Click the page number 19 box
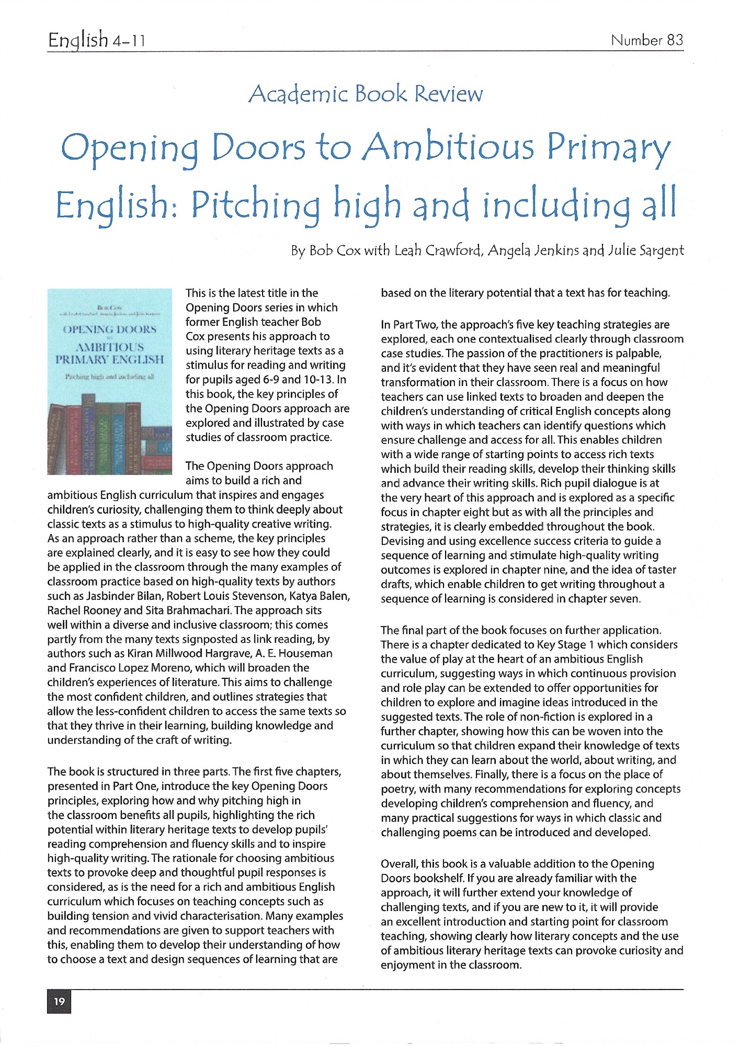tap(59, 1001)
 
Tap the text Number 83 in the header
tap(646, 40)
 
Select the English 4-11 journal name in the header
tap(96, 40)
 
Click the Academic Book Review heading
tap(366, 94)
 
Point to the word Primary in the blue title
tap(608, 147)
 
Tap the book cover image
tap(109, 382)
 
